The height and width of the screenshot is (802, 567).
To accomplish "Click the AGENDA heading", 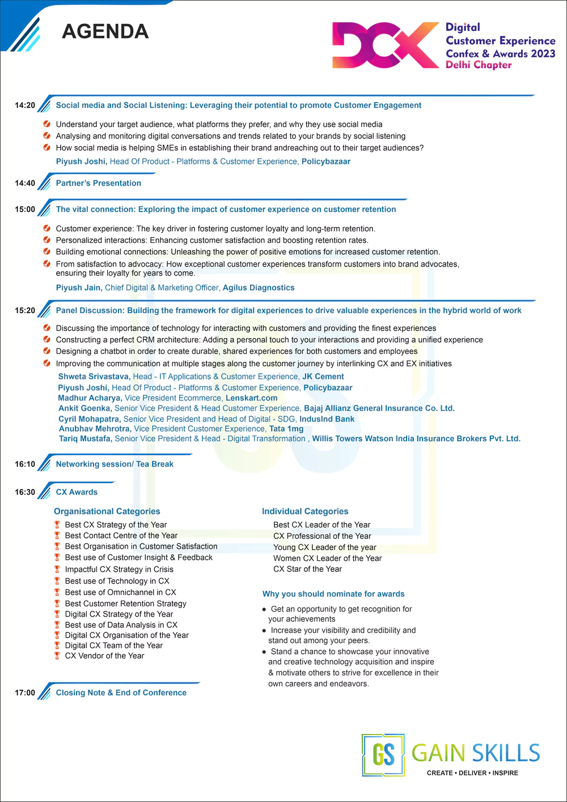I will coord(105,31).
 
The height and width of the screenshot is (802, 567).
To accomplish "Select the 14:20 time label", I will coord(25,105).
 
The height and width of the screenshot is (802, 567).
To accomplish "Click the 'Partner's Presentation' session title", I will coord(98,183).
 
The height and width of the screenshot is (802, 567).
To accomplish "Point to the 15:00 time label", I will coord(25,209).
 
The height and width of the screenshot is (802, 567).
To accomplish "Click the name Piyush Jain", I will coord(79,288).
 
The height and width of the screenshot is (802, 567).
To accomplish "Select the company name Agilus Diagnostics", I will coord(259,288).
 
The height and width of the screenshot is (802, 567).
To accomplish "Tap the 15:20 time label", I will coord(25,311).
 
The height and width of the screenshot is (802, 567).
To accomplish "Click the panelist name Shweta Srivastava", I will coord(94,377).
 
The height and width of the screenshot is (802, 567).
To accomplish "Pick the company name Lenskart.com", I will coord(251,398).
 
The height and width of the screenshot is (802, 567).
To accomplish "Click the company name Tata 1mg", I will coord(286,429).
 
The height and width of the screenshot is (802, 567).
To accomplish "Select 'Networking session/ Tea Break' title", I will coord(115,464).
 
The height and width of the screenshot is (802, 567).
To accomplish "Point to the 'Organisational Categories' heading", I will coord(107,512).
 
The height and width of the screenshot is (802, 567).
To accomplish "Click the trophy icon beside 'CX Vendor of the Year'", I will coord(57,656).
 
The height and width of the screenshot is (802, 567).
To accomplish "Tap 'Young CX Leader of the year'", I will coord(325,547).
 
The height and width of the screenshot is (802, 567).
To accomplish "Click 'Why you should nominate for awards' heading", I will coord(333,594).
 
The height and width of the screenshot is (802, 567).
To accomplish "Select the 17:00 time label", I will coord(25,693).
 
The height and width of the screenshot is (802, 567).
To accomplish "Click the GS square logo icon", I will coord(383,755).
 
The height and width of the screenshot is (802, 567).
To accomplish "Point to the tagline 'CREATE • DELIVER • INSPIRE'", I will coord(472,773).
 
